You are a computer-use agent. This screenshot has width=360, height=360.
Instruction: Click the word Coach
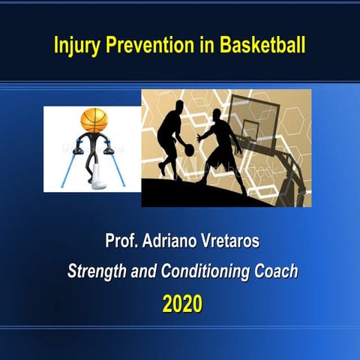277,271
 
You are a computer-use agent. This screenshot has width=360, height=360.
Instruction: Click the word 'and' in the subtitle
142,271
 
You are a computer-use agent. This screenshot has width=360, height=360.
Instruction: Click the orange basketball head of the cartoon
94,120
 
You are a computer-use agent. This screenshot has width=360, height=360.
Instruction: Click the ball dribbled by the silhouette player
189,150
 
